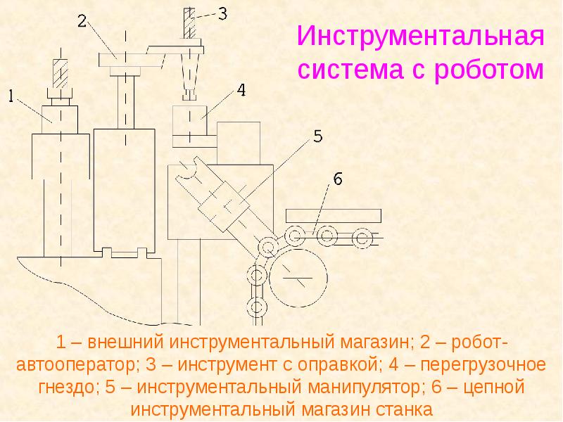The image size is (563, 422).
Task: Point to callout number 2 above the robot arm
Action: click(x=82, y=21)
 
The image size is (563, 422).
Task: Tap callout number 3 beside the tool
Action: click(x=222, y=13)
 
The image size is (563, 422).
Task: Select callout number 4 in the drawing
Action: click(x=240, y=90)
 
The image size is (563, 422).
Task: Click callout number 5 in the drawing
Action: click(x=317, y=136)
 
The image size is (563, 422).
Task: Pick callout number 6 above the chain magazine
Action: click(x=337, y=179)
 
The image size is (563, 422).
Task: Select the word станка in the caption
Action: click(x=402, y=409)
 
